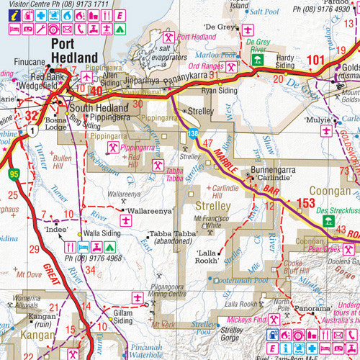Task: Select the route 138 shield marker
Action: click(x=192, y=133)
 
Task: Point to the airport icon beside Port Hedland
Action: click(x=87, y=77)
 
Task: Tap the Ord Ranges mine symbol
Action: click(x=233, y=66)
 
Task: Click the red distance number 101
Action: click(x=316, y=61)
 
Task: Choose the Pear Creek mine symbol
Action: click(x=348, y=249)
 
